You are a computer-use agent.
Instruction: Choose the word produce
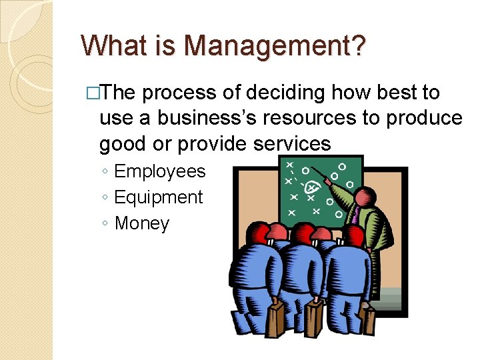(424, 118)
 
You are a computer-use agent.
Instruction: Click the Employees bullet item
(160, 171)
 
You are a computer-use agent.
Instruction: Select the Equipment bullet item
(159, 197)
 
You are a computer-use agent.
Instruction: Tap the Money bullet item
(142, 223)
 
